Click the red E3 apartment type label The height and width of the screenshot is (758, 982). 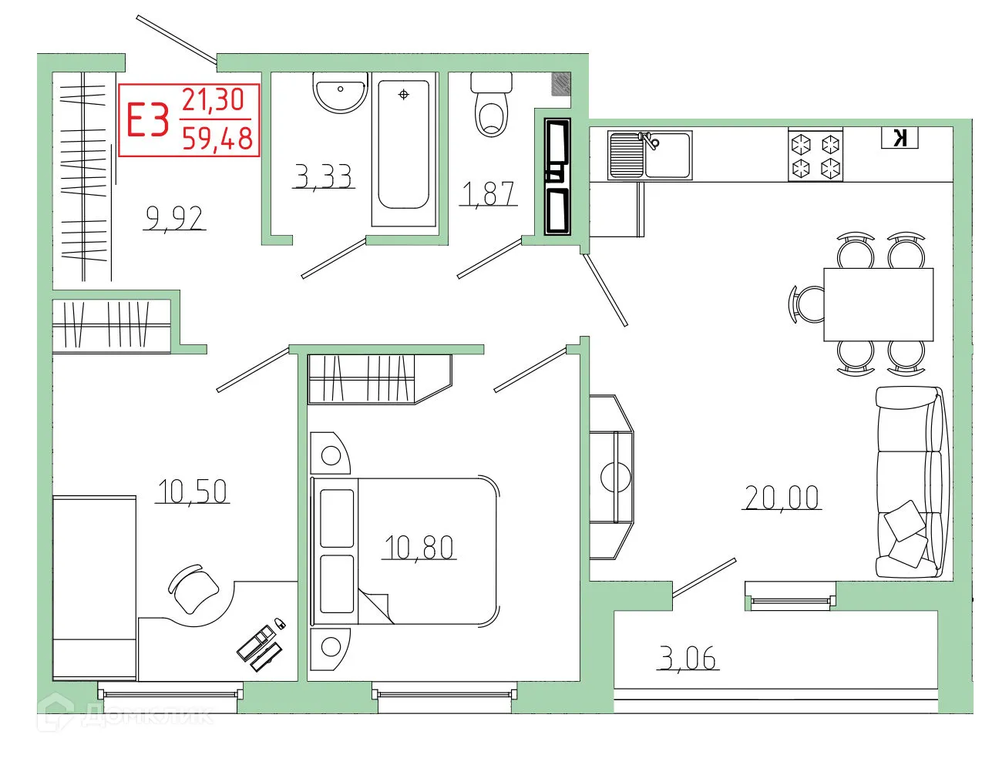pyautogui.click(x=147, y=120)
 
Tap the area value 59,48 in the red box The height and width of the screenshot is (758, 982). pyautogui.click(x=217, y=139)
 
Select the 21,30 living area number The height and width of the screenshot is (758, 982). pyautogui.click(x=213, y=100)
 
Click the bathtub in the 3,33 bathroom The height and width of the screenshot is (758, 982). pyautogui.click(x=403, y=146)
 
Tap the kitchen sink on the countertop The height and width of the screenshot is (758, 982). pyautogui.click(x=650, y=155)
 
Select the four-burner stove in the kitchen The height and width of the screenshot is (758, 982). pyautogui.click(x=816, y=155)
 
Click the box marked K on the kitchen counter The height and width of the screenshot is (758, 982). pyautogui.click(x=900, y=138)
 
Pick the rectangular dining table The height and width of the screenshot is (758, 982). pyautogui.click(x=878, y=304)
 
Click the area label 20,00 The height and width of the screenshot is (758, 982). pyautogui.click(x=781, y=498)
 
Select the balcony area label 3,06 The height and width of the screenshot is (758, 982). pyautogui.click(x=688, y=659)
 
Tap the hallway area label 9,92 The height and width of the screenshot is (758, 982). pyautogui.click(x=175, y=219)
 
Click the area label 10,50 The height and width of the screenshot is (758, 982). pyautogui.click(x=193, y=491)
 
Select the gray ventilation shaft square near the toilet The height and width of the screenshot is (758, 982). pyautogui.click(x=561, y=84)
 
